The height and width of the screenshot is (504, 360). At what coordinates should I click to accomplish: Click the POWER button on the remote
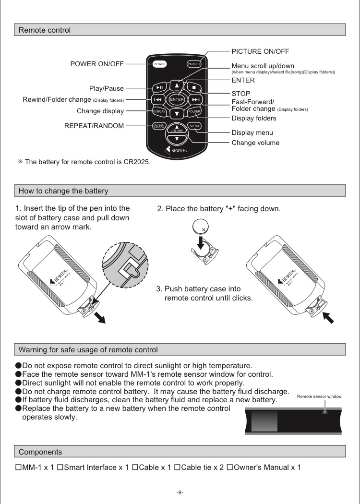coord(160,64)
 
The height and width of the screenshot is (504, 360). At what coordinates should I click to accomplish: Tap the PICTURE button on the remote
coord(194,64)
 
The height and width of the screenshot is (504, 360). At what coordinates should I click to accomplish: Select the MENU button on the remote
coord(194,126)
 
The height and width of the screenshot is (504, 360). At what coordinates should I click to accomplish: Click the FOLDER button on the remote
coord(194,111)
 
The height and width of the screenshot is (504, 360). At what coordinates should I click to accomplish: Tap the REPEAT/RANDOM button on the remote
coord(159,126)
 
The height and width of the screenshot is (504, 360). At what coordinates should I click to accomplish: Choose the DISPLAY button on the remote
coord(159,111)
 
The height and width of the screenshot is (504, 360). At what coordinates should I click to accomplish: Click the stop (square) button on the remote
coord(194,87)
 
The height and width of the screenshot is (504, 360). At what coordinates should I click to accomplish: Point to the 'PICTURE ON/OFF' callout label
coord(260,51)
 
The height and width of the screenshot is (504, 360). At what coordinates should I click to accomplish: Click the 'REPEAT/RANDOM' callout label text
coord(94,126)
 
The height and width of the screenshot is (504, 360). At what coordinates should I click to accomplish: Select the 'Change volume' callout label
coord(255,143)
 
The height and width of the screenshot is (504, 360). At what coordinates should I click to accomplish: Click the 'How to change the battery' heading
coord(63,191)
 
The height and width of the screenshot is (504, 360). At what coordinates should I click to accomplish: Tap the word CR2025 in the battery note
coord(136,162)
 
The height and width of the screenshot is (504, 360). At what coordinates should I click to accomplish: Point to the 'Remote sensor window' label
coord(319,396)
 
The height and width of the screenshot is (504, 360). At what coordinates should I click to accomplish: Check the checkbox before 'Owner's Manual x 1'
coord(230,468)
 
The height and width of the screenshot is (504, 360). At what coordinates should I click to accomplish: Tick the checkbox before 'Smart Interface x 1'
coord(60,468)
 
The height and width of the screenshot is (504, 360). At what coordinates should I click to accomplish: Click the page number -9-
coord(180,492)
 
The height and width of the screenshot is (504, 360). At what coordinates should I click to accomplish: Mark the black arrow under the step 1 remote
coord(100,318)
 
